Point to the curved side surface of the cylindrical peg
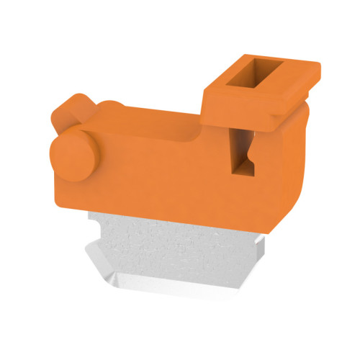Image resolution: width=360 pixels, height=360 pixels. (88, 148)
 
